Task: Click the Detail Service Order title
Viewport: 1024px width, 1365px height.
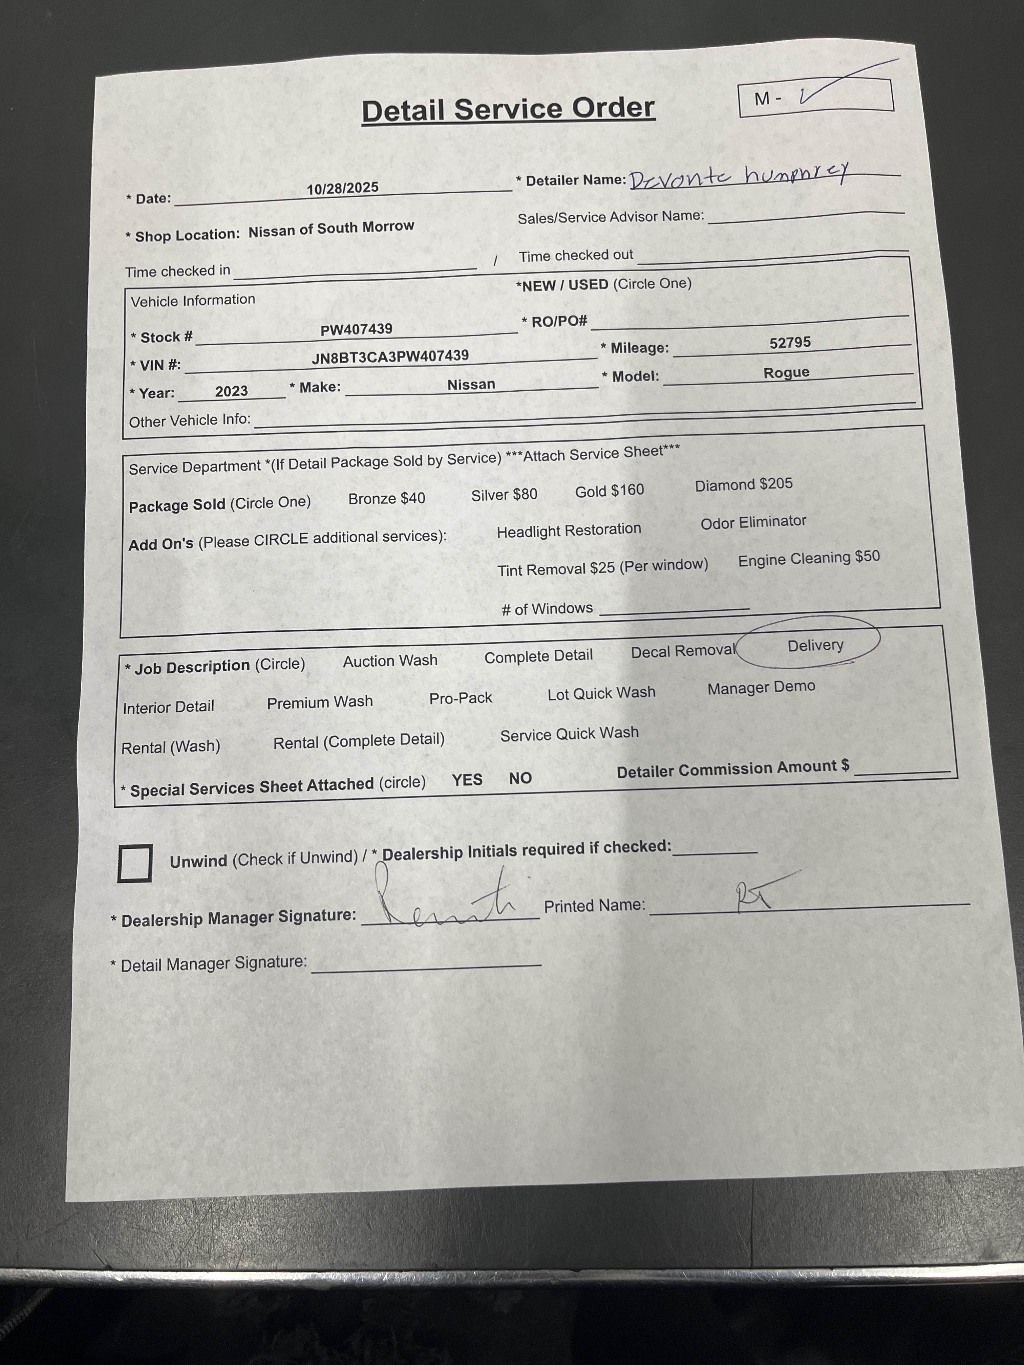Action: coord(508,110)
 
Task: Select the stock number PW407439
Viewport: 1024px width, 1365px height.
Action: coord(356,329)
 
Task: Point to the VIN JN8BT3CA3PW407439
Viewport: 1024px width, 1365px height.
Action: coord(390,356)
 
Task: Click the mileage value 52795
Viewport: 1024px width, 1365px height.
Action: coord(790,343)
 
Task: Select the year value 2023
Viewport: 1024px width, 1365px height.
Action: coord(232,391)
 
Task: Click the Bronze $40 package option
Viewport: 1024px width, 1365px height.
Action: coord(386,498)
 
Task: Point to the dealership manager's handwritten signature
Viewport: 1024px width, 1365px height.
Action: coord(444,901)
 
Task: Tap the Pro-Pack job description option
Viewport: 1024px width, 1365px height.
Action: coord(461,698)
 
